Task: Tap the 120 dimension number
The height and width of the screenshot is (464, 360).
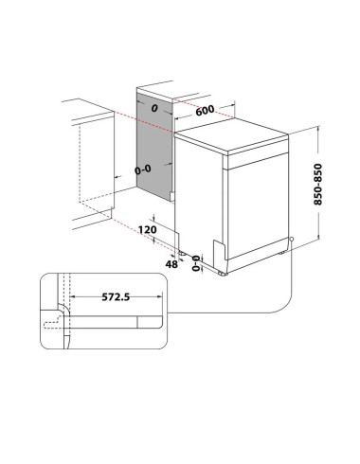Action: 146,230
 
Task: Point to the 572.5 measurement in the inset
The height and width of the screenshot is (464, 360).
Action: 117,296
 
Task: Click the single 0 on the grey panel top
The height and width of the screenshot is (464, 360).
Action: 153,108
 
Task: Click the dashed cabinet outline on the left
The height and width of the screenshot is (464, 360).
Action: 81,170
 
